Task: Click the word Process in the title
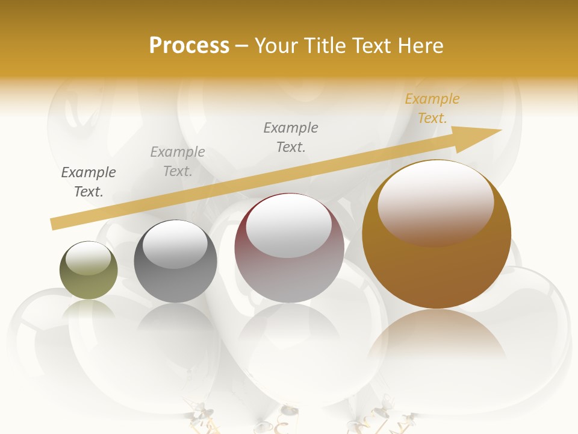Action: (189, 46)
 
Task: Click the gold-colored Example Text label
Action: (432, 108)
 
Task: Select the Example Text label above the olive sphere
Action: (89, 182)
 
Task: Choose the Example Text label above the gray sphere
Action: (178, 162)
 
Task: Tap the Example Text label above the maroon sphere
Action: (291, 137)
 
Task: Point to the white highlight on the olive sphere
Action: (88, 258)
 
